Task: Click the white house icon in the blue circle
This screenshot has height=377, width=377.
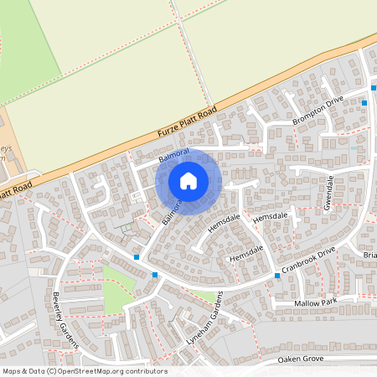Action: click(x=188, y=180)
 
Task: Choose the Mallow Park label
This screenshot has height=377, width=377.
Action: click(x=315, y=301)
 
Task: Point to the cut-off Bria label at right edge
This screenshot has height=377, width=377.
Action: click(x=369, y=254)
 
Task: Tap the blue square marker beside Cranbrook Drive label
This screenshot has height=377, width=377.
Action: click(x=276, y=275)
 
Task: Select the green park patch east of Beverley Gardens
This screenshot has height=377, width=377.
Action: click(x=116, y=294)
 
